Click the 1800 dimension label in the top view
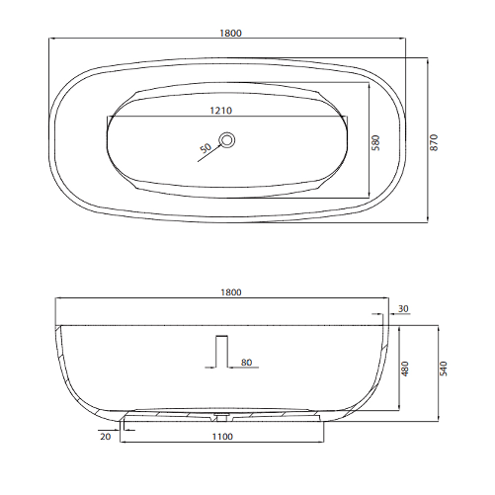pyautogui.click(x=230, y=33)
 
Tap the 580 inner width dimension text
pyautogui.click(x=375, y=141)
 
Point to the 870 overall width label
pyautogui.click(x=434, y=141)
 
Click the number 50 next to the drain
pyautogui.click(x=206, y=149)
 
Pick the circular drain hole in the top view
pyautogui.click(x=227, y=140)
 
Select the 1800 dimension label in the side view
pyautogui.click(x=230, y=292)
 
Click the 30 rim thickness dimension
pyautogui.click(x=402, y=309)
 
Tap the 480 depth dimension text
pyautogui.click(x=404, y=368)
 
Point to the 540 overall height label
pyautogui.click(x=444, y=368)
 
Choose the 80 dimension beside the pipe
pyautogui.click(x=247, y=363)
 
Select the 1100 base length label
pyautogui.click(x=222, y=434)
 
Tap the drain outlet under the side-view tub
pyautogui.click(x=221, y=416)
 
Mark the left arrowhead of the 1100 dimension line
pyautogui.click(x=124, y=440)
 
